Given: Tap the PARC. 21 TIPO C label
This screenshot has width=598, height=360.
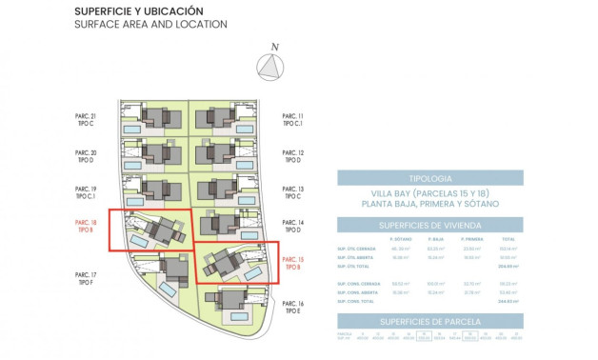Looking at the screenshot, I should [86, 120].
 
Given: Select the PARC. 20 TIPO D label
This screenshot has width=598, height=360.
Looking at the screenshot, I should [86, 156].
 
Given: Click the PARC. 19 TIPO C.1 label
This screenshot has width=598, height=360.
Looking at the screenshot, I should [86, 191].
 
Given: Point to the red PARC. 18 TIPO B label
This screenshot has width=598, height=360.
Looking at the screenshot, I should [86, 227].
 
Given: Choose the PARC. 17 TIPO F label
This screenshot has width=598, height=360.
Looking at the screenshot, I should [86, 278].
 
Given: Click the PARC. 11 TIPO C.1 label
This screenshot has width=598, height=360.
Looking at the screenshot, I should [292, 120].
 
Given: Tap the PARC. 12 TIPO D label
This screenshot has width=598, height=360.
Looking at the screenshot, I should [292, 156].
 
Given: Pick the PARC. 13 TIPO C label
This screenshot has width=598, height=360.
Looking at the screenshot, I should [292, 191].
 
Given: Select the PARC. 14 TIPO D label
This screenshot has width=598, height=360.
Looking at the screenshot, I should [292, 227].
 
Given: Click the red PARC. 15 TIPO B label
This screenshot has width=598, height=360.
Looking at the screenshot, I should [292, 263].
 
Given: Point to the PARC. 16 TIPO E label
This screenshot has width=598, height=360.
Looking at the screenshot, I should [292, 307].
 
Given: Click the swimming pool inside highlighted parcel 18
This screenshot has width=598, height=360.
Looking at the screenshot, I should [139, 244].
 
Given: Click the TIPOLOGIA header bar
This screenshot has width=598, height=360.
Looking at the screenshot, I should [429, 177].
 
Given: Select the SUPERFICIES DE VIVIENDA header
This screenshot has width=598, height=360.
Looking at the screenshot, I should [429, 225].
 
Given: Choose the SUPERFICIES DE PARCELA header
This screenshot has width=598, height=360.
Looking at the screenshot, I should [429, 321].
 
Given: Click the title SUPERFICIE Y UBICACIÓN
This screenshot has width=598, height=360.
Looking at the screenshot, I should [138, 11].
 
